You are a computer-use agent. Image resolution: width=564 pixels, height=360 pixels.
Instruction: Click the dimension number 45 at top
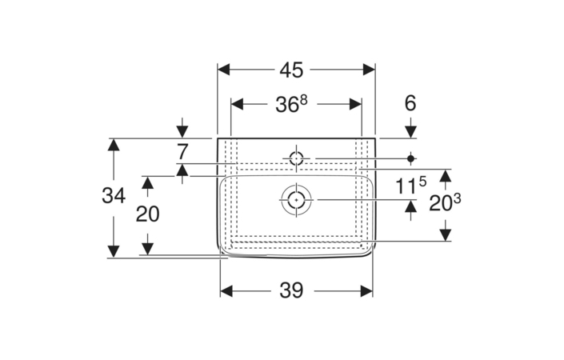(291, 70)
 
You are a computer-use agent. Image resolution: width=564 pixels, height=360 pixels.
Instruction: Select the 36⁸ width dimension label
(292, 104)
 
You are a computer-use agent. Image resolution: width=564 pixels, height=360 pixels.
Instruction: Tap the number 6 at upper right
(410, 103)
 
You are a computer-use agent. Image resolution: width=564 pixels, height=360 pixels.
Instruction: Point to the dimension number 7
(182, 152)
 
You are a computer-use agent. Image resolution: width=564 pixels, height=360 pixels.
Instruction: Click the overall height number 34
(114, 196)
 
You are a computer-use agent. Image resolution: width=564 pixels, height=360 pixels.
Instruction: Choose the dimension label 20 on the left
(147, 214)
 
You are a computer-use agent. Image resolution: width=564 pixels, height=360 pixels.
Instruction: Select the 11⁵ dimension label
(410, 186)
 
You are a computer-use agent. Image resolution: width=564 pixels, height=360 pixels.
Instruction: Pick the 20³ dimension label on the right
(445, 202)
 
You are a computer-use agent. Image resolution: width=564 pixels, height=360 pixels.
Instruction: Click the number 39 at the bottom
(291, 290)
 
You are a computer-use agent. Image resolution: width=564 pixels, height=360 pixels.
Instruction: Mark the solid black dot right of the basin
(410, 158)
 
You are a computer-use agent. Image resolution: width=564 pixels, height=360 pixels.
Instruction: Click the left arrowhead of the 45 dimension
(224, 70)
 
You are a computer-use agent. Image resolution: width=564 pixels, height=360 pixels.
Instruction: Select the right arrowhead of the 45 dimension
(369, 70)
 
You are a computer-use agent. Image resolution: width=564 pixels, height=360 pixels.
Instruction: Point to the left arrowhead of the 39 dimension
(226, 291)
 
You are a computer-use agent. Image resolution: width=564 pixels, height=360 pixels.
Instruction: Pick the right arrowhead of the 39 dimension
(366, 291)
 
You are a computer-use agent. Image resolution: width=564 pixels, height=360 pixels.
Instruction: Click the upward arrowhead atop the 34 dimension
(114, 145)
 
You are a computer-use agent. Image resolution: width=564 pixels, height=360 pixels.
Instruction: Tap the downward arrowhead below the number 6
(410, 132)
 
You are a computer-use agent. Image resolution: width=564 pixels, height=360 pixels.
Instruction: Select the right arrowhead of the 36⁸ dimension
(355, 104)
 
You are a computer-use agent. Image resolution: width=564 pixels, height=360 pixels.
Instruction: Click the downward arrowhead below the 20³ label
(446, 235)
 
